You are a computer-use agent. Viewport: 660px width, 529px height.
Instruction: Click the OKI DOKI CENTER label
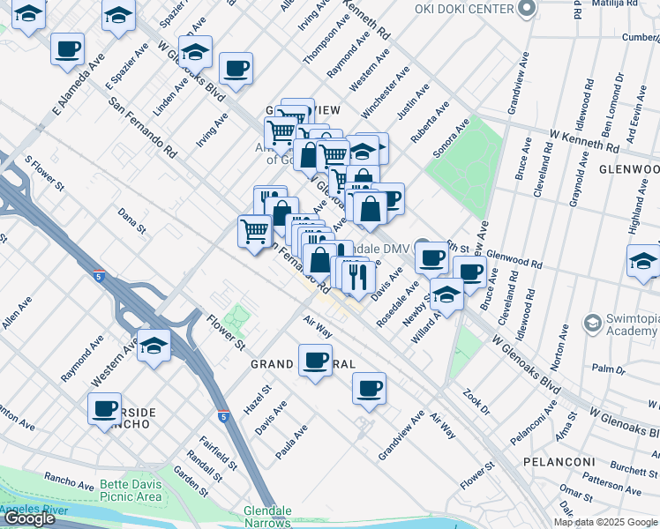(x=464, y=8)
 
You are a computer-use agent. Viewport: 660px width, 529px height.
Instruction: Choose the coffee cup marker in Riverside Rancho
(x=104, y=408)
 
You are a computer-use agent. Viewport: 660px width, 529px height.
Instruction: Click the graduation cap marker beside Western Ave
(x=154, y=346)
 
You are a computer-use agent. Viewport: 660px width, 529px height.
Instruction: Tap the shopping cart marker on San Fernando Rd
(x=255, y=231)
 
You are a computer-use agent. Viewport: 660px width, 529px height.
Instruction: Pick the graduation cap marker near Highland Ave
(x=643, y=261)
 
